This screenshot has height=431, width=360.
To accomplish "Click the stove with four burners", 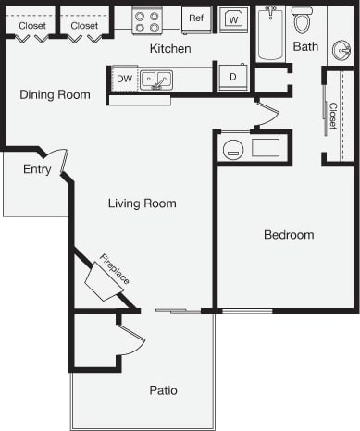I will click(x=146, y=20).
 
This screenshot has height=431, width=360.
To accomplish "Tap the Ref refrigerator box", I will click(x=196, y=18).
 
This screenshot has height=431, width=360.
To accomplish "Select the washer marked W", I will click(x=234, y=19).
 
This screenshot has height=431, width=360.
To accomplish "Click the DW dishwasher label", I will click(x=124, y=80).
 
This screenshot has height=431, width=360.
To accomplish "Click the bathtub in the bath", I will click(x=269, y=34).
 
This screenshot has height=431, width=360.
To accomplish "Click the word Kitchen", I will click(x=170, y=47).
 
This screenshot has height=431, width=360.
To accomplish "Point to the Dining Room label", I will click(x=56, y=94).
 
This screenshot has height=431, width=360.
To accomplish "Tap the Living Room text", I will click(x=142, y=203).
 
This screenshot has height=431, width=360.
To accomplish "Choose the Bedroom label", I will click(x=289, y=235).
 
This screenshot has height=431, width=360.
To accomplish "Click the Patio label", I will click(x=163, y=390).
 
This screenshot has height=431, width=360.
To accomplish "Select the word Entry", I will click(x=37, y=169).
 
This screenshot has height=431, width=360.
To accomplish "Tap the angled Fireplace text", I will click(x=115, y=268).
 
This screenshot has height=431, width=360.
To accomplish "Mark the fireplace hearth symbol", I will click(x=104, y=281).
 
